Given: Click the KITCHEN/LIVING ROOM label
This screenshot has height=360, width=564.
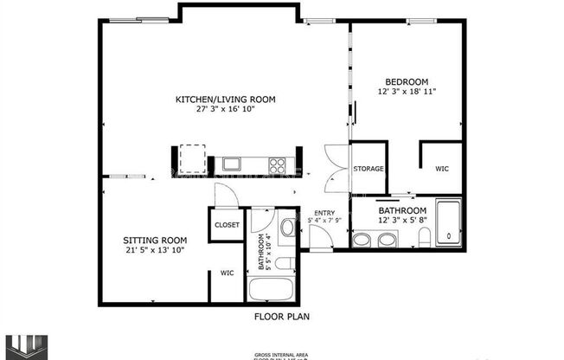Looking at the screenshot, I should coord(225,100).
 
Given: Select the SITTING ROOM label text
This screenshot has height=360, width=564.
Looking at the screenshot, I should coord(155,240).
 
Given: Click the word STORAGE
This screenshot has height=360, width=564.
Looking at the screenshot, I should coord(369,169).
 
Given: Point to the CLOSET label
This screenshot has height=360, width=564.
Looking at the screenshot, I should coord(228,225).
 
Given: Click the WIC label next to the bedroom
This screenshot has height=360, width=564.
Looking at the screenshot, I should coord(442,169).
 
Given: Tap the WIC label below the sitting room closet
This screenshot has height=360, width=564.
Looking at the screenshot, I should coord(227,273).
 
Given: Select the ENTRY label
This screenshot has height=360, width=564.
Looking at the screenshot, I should coord(324,213).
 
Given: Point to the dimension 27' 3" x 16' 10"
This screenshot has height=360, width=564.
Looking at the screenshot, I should coord(225,110).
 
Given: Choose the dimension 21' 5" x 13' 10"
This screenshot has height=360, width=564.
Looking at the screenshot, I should coord(155,250).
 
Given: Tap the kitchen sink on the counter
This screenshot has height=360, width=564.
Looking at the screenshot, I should coord(232,162).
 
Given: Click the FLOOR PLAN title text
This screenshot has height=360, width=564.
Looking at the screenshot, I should coord(281,317).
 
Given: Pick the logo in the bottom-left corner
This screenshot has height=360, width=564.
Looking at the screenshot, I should coord(21,345).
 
